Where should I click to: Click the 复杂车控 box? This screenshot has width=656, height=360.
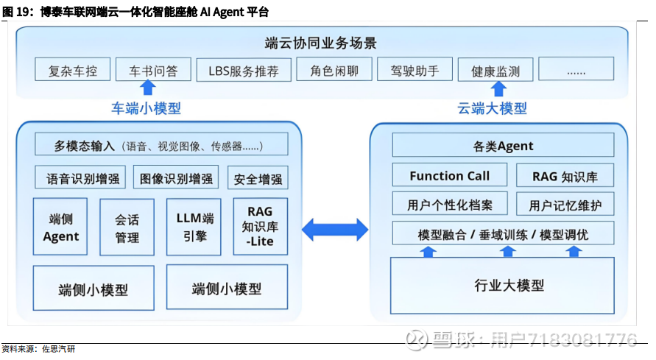(73, 71)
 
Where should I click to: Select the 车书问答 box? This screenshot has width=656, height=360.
(153, 71)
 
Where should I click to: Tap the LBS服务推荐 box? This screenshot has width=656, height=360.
(244, 71)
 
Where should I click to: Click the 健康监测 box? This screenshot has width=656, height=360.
(495, 71)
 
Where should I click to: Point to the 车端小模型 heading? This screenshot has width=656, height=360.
(146, 108)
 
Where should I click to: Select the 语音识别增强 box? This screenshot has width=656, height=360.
(81, 178)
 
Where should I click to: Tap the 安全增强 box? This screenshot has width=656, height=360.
(258, 178)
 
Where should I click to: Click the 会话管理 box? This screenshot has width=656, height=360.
(127, 227)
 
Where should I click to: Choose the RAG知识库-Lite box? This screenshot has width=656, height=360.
(260, 227)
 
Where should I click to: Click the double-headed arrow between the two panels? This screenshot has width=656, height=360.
(335, 228)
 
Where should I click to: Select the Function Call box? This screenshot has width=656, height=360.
(450, 175)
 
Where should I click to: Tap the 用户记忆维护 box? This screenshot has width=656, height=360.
(565, 204)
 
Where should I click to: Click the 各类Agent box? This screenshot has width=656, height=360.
(503, 145)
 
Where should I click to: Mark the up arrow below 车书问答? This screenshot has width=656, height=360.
(148, 88)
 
